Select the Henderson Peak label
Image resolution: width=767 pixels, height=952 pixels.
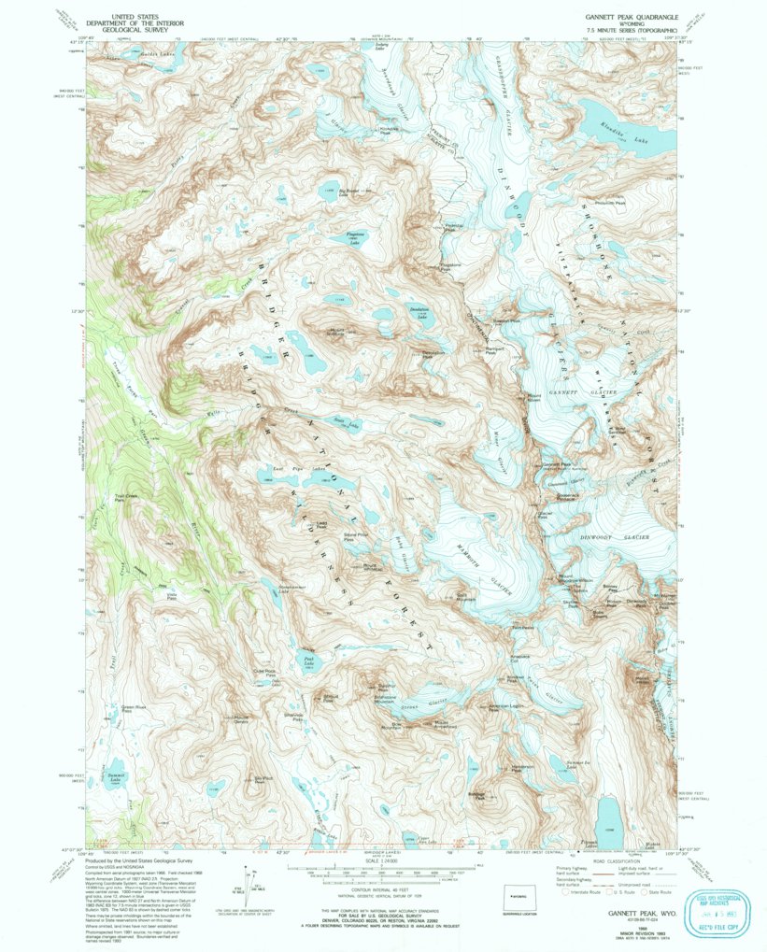click(x=521, y=769)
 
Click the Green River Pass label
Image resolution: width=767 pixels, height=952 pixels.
click(x=136, y=709)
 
